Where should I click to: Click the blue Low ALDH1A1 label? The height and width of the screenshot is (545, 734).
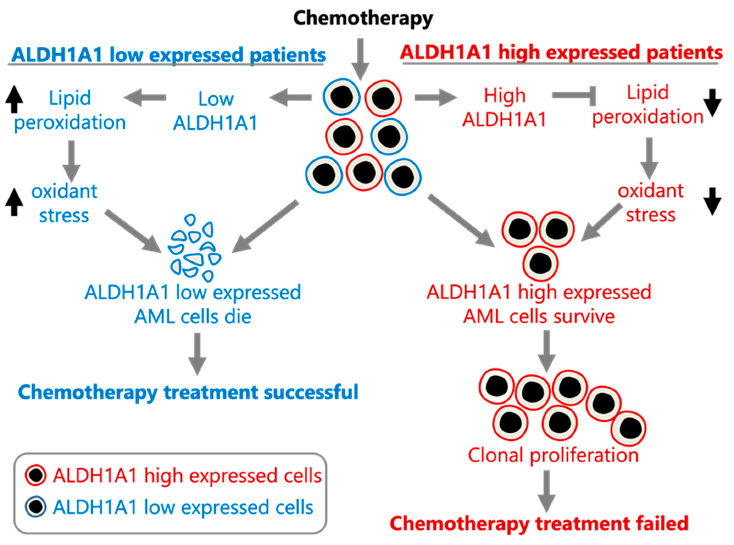point(216,111)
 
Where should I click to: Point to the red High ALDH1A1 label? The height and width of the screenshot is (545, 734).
point(504,107)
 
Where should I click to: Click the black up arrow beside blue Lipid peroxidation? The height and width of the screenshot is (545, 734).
point(14,99)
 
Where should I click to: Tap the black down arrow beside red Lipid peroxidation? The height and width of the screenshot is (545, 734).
point(712,103)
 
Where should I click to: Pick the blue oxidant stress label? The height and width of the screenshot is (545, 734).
point(64,203)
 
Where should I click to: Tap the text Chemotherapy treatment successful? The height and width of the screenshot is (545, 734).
point(188,392)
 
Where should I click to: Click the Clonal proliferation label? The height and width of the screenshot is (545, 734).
point(553,455)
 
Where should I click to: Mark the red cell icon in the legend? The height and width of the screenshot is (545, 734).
point(36,475)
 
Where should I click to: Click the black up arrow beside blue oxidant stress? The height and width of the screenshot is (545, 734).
point(14,202)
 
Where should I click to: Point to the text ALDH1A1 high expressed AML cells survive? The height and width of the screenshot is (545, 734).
point(539,304)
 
